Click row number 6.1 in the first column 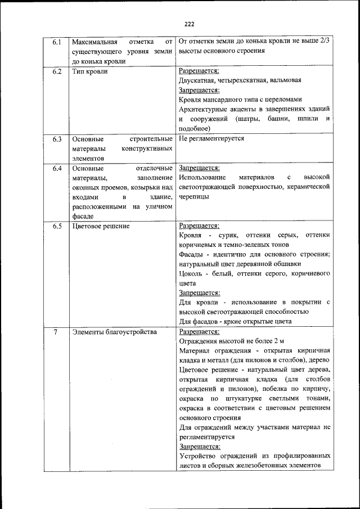click(x=56, y=42)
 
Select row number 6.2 click(x=56, y=72)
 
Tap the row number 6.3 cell click(x=56, y=138)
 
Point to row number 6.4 click(x=56, y=168)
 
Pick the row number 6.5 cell click(x=56, y=227)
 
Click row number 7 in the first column click(x=56, y=332)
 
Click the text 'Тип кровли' click(x=90, y=72)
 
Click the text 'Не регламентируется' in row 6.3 click(x=211, y=138)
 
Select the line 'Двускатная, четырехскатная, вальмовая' click(x=244, y=81)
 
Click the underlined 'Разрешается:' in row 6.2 click(x=199, y=71)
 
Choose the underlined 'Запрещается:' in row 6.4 click(x=199, y=168)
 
